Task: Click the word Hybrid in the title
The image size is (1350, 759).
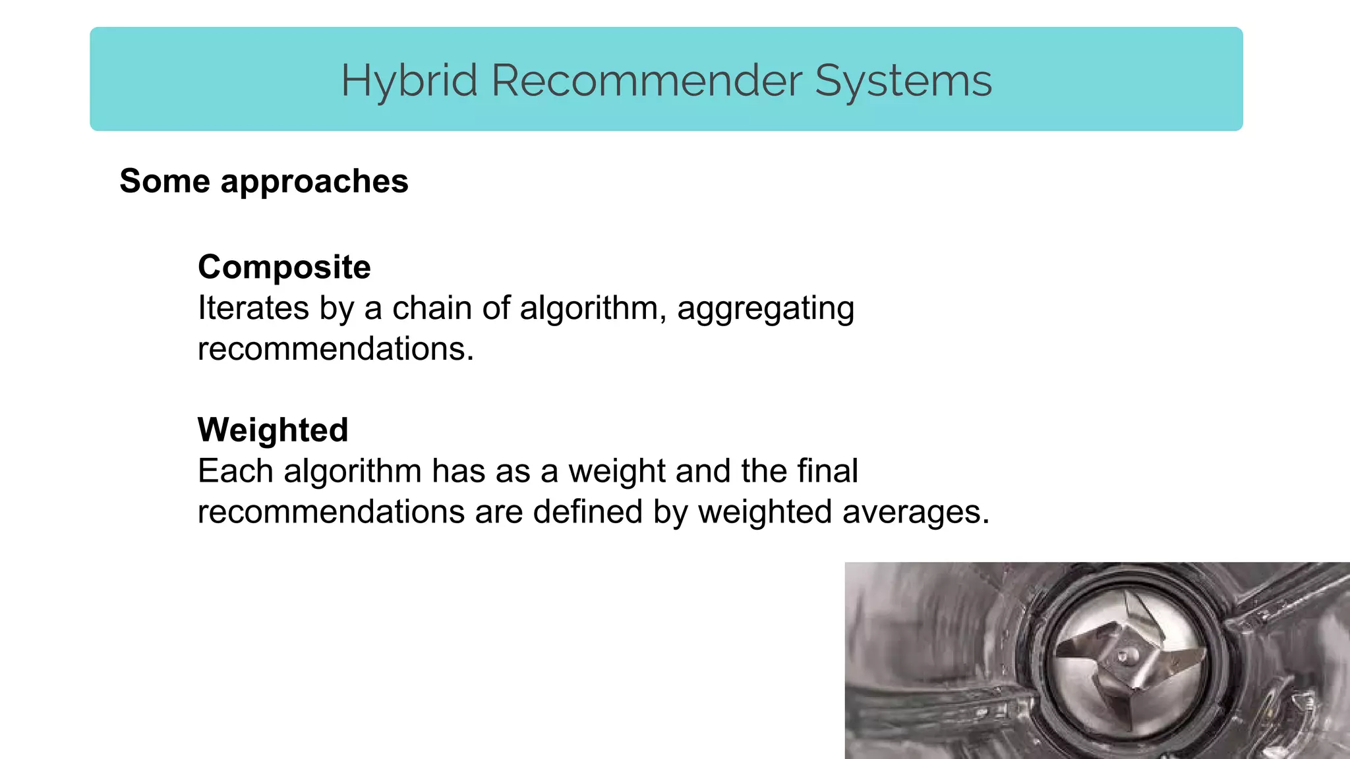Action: pos(409,82)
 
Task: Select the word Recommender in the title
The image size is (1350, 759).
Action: pos(646,82)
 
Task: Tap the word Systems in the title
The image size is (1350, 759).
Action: pos(903,82)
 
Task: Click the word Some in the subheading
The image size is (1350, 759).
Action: pos(165,181)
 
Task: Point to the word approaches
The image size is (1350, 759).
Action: pos(314,183)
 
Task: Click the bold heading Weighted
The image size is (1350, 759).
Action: pos(273,431)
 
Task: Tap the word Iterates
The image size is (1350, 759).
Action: pos(253,308)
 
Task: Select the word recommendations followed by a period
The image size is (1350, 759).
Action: pos(335,349)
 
